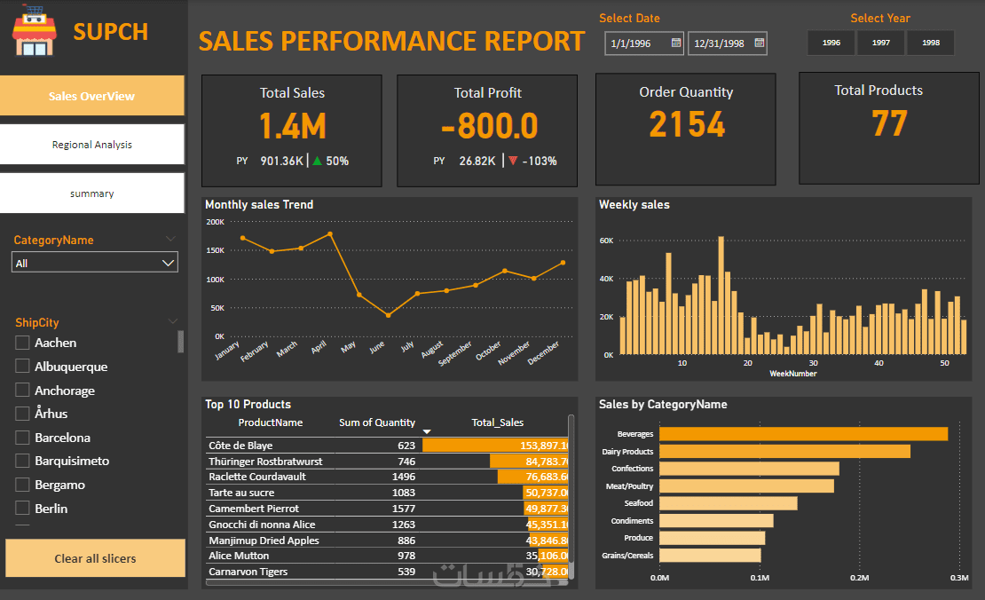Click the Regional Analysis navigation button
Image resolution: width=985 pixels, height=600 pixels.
pyautogui.click(x=92, y=145)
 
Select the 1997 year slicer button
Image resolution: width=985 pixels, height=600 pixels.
pyautogui.click(x=881, y=43)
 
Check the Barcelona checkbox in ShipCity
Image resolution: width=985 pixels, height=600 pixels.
pyautogui.click(x=22, y=438)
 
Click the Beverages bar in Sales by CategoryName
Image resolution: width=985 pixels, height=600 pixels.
pyautogui.click(x=803, y=434)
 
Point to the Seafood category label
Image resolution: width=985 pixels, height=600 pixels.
pyautogui.click(x=639, y=503)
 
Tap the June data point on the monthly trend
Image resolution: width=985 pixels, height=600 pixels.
pyautogui.click(x=388, y=315)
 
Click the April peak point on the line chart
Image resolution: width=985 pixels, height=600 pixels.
pyautogui.click(x=330, y=234)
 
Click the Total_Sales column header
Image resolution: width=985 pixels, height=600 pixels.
pyautogui.click(x=498, y=422)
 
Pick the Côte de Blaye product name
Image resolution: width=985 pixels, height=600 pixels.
pyautogui.click(x=240, y=446)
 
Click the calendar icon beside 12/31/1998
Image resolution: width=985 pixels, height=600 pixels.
pyautogui.click(x=759, y=43)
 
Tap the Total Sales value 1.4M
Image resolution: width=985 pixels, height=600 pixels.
pyautogui.click(x=292, y=127)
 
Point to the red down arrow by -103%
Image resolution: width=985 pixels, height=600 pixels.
pyautogui.click(x=513, y=161)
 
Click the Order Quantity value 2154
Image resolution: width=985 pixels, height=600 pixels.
pyautogui.click(x=686, y=125)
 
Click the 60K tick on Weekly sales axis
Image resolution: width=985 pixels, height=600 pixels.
pyautogui.click(x=606, y=241)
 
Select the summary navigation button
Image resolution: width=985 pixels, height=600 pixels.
pyautogui.click(x=92, y=193)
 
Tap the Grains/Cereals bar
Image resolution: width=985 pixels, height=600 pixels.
pyautogui.click(x=710, y=556)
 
